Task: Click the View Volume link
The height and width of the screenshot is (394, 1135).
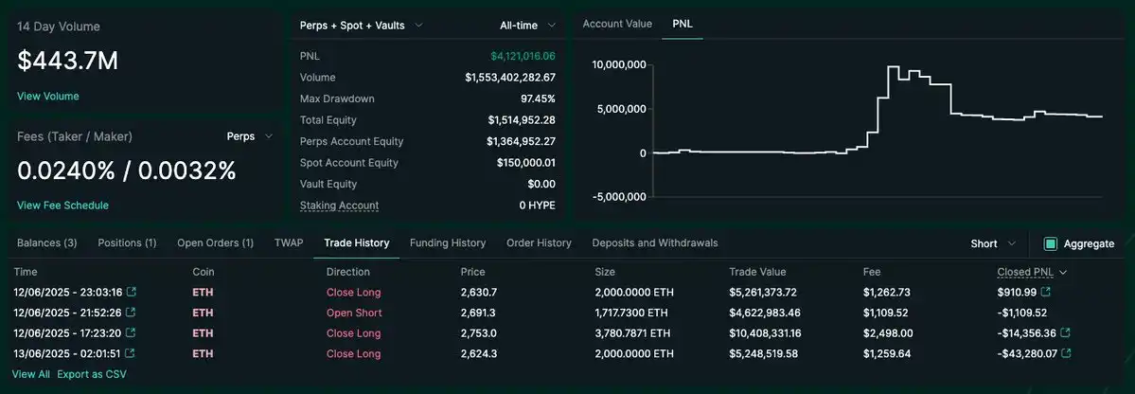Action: point(48,96)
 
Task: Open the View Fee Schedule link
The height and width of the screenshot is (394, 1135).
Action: point(62,206)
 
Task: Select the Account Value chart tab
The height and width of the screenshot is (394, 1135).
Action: point(617,24)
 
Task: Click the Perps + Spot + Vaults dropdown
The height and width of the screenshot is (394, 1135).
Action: point(361,26)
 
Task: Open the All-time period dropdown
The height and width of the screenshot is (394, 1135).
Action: point(527,26)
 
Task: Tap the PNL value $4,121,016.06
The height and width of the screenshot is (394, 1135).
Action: point(523,56)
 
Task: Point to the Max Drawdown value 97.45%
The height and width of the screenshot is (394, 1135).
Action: point(536,98)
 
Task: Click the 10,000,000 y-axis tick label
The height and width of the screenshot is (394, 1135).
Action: point(619,64)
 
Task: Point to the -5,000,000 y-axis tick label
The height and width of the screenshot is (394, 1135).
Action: point(619,197)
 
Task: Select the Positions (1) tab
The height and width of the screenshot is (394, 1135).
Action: point(127,243)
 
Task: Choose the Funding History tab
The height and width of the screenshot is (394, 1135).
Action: point(448,243)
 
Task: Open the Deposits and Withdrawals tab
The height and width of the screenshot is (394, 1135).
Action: point(654,243)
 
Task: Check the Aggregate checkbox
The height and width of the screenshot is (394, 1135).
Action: point(1050,244)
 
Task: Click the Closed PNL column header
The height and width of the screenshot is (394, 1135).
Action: point(1027,272)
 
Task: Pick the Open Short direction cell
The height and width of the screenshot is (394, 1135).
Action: point(354,313)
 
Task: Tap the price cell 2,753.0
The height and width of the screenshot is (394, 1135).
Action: point(478,333)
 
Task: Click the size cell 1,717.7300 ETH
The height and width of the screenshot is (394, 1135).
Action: point(632,313)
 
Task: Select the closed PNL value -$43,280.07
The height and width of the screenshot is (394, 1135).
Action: point(1026,354)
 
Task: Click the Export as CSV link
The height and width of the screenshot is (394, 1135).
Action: point(91,374)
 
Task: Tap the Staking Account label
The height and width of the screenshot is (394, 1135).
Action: point(339,206)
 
